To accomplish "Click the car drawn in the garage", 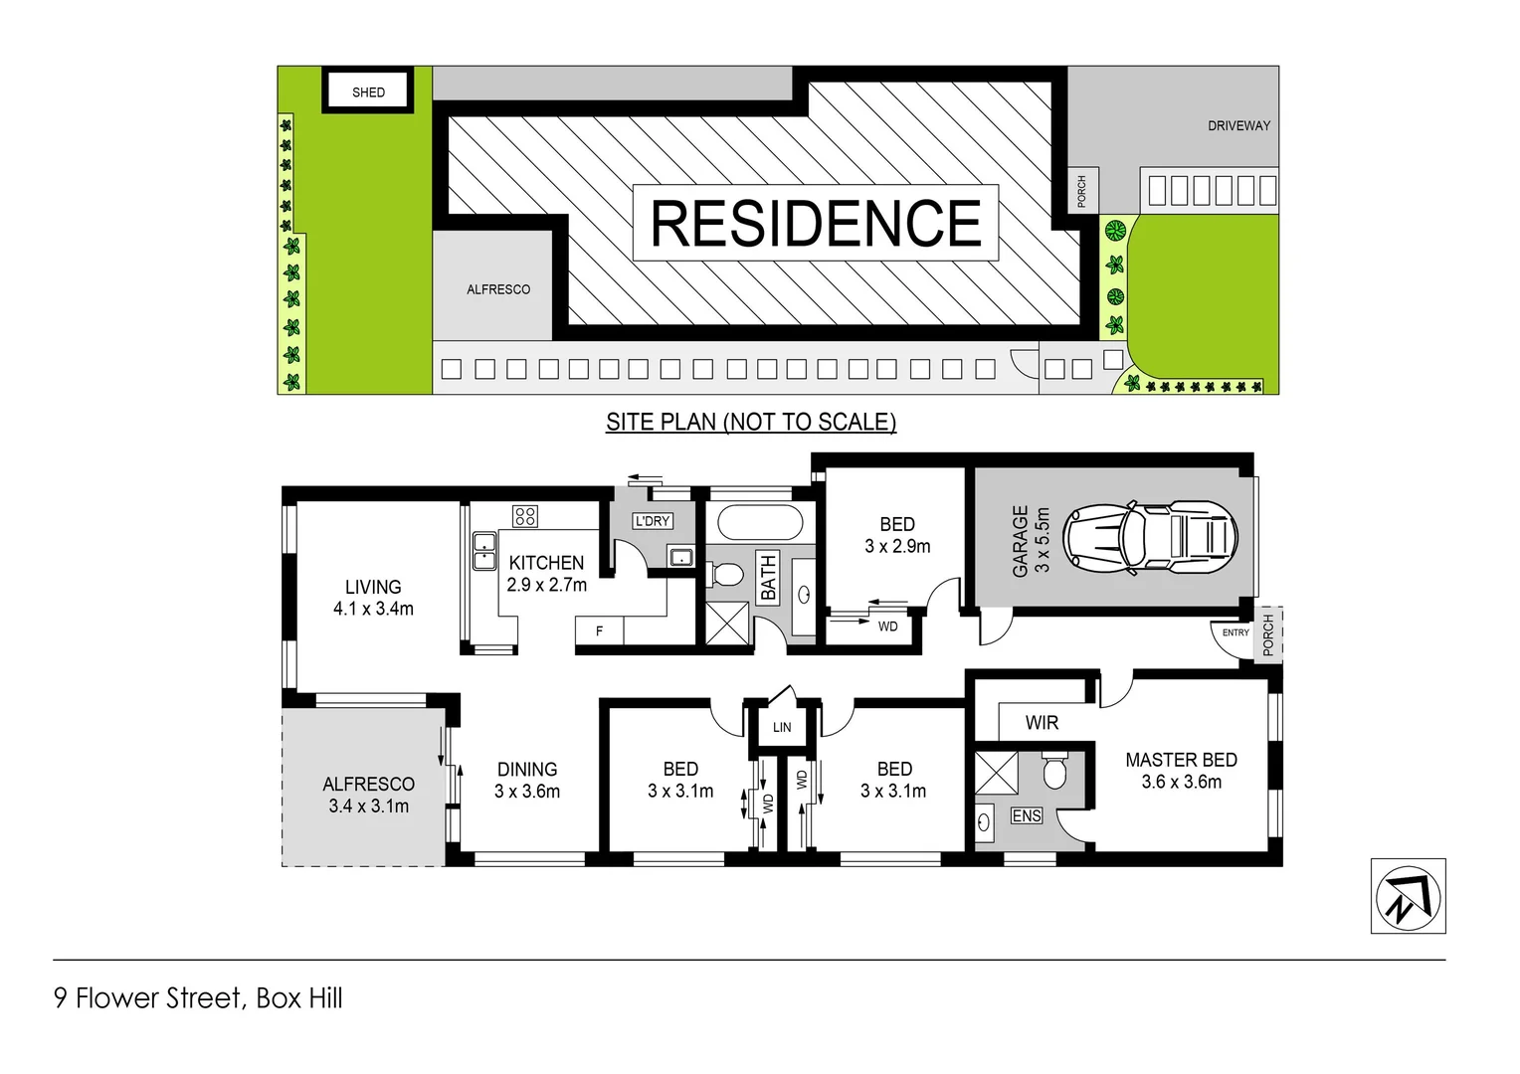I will coord(1150,537).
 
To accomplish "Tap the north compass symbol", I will coord(1408,896).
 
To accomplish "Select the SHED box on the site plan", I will coord(368,91).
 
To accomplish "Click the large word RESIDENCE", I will coord(816,224).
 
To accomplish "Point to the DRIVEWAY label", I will coord(1238,126).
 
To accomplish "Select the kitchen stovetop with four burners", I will coord(525,516).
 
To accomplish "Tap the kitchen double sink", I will coord(484,551).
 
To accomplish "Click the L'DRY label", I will coord(653,521).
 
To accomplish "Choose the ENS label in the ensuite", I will coord(1026,816).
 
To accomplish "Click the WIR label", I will coord(1042,723).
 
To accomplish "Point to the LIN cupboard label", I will coord(782,728).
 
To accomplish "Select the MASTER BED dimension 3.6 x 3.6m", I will coord(1181,783).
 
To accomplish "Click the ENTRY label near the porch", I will coord(1235,632).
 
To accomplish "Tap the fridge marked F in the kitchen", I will coord(599,631).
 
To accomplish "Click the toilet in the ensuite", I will coord(1054,770).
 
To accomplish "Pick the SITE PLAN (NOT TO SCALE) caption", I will coord(751,422).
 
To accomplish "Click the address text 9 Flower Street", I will coord(148,998).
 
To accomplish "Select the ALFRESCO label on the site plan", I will coord(498,289).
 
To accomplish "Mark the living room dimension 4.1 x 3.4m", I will coord(373,609).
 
